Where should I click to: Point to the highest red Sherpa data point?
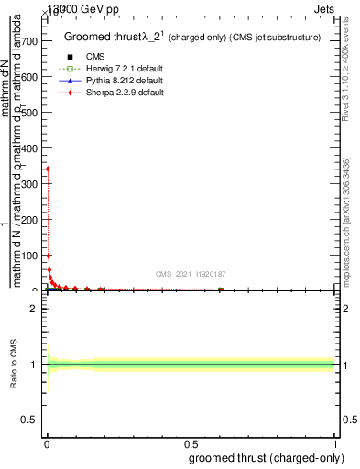47,169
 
